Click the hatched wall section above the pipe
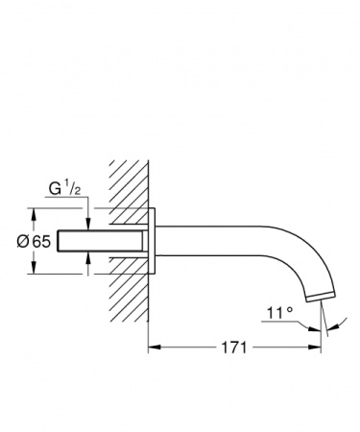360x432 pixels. tap(128, 187)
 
